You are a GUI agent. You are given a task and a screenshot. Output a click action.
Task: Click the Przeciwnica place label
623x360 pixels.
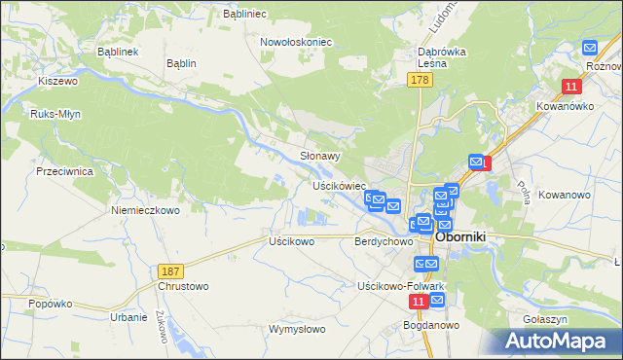coord(63,170)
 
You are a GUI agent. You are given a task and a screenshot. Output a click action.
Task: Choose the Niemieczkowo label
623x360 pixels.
coord(146,210)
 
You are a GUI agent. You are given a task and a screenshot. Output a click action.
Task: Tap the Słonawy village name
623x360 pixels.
coord(319,156)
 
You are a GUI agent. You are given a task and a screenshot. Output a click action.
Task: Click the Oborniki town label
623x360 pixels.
coord(467,235)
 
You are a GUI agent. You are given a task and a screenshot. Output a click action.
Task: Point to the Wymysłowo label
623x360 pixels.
coord(297,329)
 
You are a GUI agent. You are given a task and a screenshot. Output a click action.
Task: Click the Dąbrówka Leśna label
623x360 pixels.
coord(430,56)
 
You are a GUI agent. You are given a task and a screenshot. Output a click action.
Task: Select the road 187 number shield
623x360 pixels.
coord(169,269)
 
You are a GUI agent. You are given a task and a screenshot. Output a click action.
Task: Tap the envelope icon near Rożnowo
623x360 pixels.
coord(589,47)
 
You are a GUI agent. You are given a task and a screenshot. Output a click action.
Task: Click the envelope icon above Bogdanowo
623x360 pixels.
coord(436,301)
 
